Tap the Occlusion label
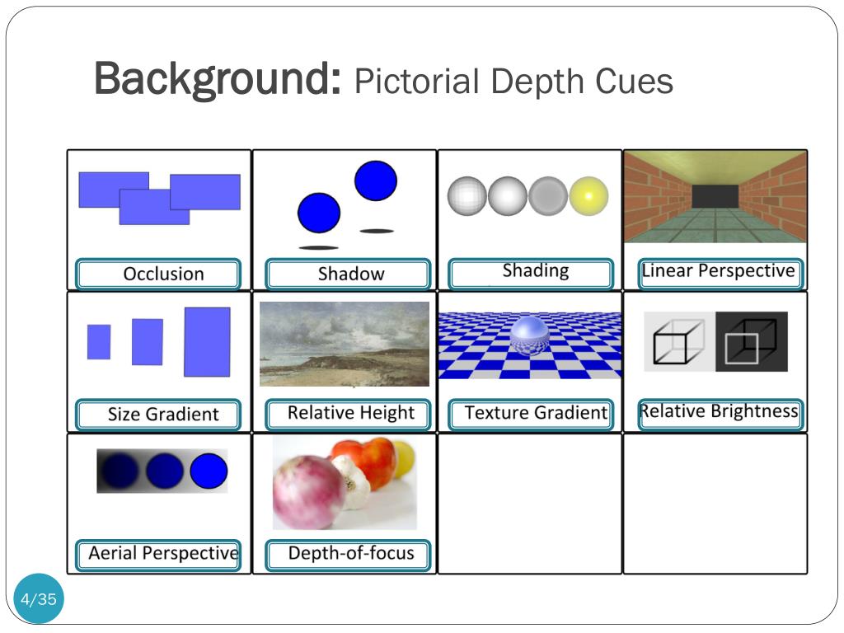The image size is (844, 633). (x=163, y=274)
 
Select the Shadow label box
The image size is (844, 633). (x=350, y=274)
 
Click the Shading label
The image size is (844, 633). (x=535, y=271)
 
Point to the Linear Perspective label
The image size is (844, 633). (x=718, y=271)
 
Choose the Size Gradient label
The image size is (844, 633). (x=163, y=414)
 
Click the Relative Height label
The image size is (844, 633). (x=350, y=413)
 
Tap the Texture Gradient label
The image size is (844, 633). (x=535, y=413)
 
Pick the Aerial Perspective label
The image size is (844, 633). (x=163, y=553)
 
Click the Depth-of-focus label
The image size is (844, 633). (x=350, y=553)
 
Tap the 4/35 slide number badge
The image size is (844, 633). (x=39, y=599)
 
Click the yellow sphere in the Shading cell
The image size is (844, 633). (x=588, y=196)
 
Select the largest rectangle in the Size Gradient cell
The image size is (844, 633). (x=207, y=342)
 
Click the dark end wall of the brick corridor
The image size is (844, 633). (x=715, y=196)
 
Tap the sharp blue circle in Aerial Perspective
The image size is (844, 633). (x=208, y=471)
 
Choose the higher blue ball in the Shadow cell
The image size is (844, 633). (x=376, y=181)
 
